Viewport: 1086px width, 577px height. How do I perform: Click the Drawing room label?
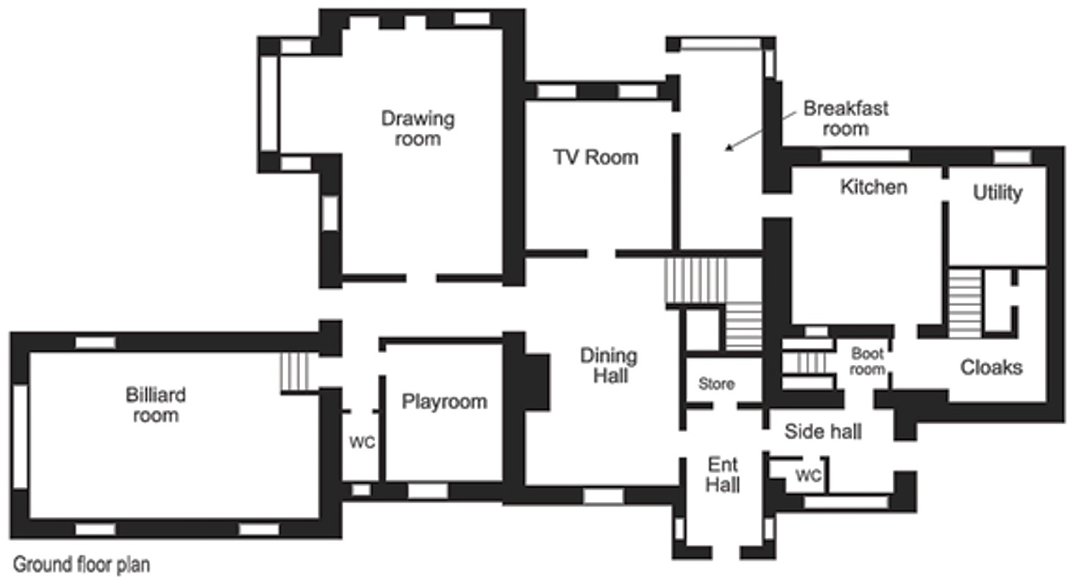pos(418,128)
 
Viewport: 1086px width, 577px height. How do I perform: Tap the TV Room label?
pos(596,157)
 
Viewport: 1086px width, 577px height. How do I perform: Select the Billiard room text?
pos(155,405)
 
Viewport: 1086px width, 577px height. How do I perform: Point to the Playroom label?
pos(445,402)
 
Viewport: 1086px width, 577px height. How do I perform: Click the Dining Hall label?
pos(609,366)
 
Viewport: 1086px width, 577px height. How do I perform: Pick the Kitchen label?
pos(874,186)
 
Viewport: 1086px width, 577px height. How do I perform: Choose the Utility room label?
pos(997,193)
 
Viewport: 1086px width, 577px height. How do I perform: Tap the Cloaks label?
pos(991,368)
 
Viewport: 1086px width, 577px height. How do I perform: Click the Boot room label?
pos(867,361)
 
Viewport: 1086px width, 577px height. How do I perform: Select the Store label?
pos(716,384)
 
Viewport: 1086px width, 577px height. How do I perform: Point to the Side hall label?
pos(823,432)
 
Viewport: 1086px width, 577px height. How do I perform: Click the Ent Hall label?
pos(722,475)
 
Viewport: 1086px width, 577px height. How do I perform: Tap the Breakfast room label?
pos(846,118)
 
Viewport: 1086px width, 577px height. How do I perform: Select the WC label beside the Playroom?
pos(362,442)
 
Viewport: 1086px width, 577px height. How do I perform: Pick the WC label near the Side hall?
pos(809,476)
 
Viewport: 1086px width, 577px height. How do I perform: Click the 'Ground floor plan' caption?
pos(82,564)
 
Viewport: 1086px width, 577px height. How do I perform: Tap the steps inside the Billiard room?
pos(294,372)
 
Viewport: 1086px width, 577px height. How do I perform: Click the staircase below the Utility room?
pos(965,303)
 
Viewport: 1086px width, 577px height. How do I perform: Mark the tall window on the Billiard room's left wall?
pos(20,436)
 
